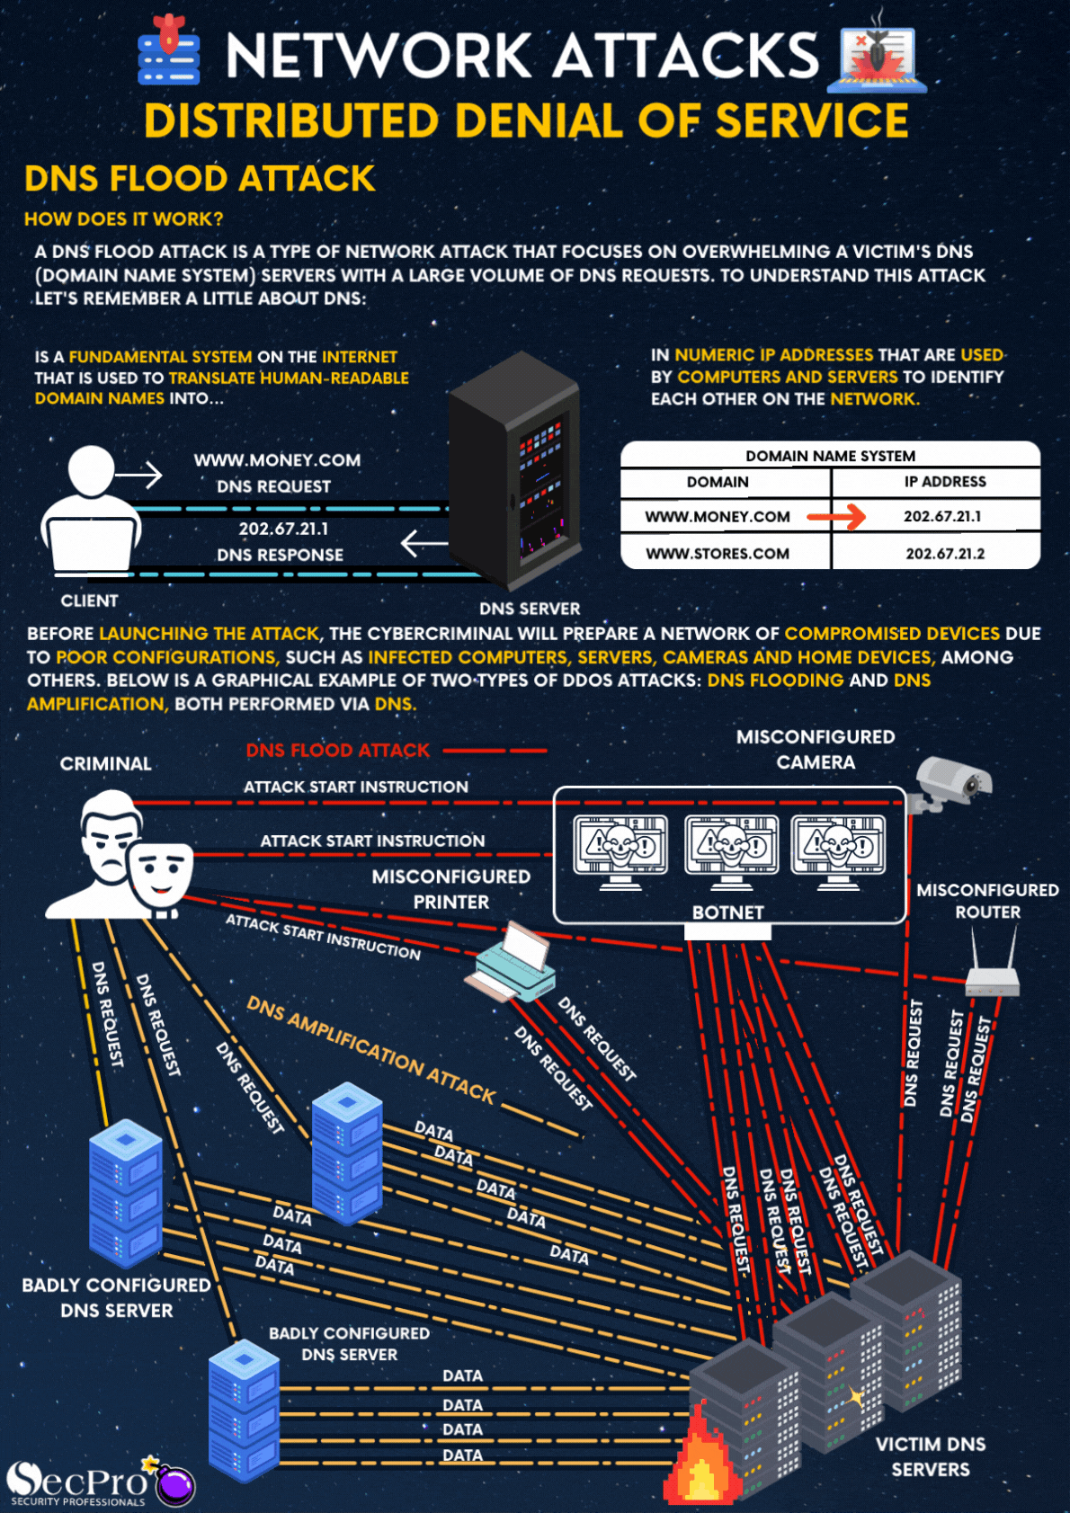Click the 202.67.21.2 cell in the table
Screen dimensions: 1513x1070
(944, 554)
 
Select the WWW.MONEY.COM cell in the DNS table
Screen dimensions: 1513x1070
(718, 517)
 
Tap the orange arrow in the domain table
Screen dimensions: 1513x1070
(836, 516)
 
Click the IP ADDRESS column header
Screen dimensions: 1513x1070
(944, 482)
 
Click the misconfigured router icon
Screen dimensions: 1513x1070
(992, 966)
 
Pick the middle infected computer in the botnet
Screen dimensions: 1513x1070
(731, 850)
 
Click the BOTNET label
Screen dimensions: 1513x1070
(727, 912)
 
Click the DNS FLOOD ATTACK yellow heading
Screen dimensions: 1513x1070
(200, 178)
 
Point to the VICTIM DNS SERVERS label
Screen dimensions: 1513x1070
(931, 1456)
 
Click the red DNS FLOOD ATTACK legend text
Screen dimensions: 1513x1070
(338, 750)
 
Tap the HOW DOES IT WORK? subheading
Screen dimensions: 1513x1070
(124, 219)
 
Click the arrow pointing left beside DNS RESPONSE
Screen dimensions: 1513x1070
(424, 543)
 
